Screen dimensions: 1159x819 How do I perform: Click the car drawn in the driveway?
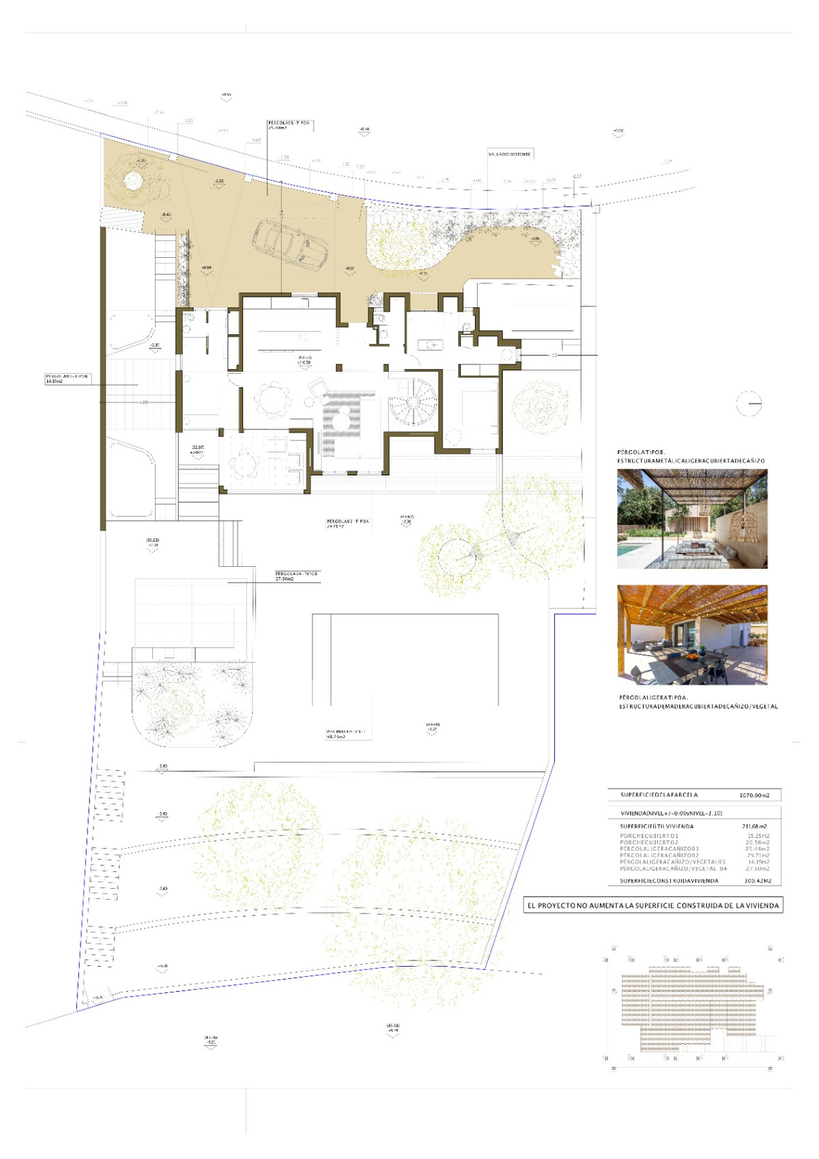click(290, 244)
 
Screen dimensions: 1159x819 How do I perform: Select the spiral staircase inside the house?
click(413, 402)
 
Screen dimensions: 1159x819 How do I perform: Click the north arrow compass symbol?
click(749, 404)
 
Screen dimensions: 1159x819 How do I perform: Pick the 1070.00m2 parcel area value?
click(753, 795)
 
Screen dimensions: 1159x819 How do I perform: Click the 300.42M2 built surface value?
click(757, 881)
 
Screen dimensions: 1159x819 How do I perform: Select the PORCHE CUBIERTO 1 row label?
click(648, 836)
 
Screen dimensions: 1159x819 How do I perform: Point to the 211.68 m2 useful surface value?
click(754, 826)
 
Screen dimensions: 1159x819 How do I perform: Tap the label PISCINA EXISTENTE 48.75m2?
click(345, 733)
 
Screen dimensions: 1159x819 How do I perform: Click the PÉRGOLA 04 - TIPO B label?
click(296, 575)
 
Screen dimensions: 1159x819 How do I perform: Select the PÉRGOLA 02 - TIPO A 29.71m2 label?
click(347, 523)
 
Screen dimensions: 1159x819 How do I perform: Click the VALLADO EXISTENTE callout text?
click(509, 154)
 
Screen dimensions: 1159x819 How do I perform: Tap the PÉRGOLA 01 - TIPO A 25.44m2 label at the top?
click(288, 124)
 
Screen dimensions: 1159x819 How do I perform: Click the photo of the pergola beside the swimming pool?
click(692, 518)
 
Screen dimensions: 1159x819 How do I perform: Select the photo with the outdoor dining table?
click(692, 634)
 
